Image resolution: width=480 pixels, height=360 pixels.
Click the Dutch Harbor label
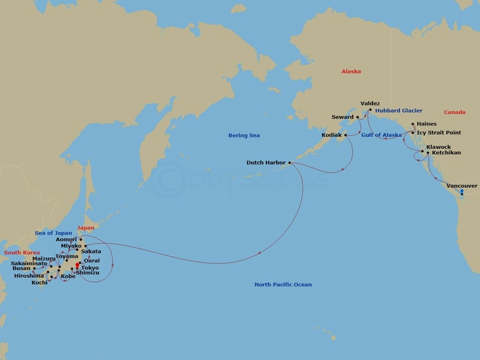[x=267, y=163]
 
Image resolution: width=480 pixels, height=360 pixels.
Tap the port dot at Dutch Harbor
[x=290, y=163]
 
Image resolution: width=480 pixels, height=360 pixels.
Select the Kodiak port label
[x=332, y=136]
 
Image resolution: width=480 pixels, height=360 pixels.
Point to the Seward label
[x=343, y=117]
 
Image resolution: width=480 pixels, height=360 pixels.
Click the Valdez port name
[x=370, y=104]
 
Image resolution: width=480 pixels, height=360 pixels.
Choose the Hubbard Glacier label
[x=398, y=110]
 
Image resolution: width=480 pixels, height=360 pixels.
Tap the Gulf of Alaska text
[x=382, y=135]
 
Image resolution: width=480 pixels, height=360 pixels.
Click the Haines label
[x=427, y=124]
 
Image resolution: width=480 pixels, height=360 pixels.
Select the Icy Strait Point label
[x=439, y=132]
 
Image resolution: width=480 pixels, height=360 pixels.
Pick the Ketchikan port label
[x=446, y=153]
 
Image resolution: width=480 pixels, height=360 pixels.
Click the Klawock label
[x=436, y=146]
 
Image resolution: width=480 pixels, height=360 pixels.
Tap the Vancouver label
[x=462, y=186]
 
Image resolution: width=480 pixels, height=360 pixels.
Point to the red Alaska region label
[x=351, y=71]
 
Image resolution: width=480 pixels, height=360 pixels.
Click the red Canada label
[x=454, y=112]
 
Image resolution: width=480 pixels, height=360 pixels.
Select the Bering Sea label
[x=244, y=136]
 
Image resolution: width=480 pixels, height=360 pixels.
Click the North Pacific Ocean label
[x=283, y=284]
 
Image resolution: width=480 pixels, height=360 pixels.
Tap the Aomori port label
[x=65, y=239]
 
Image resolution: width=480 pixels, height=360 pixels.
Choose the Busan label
[x=21, y=269]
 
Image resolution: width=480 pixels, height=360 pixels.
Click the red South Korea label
[x=21, y=253]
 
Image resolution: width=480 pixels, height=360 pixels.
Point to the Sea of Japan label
[x=53, y=233]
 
